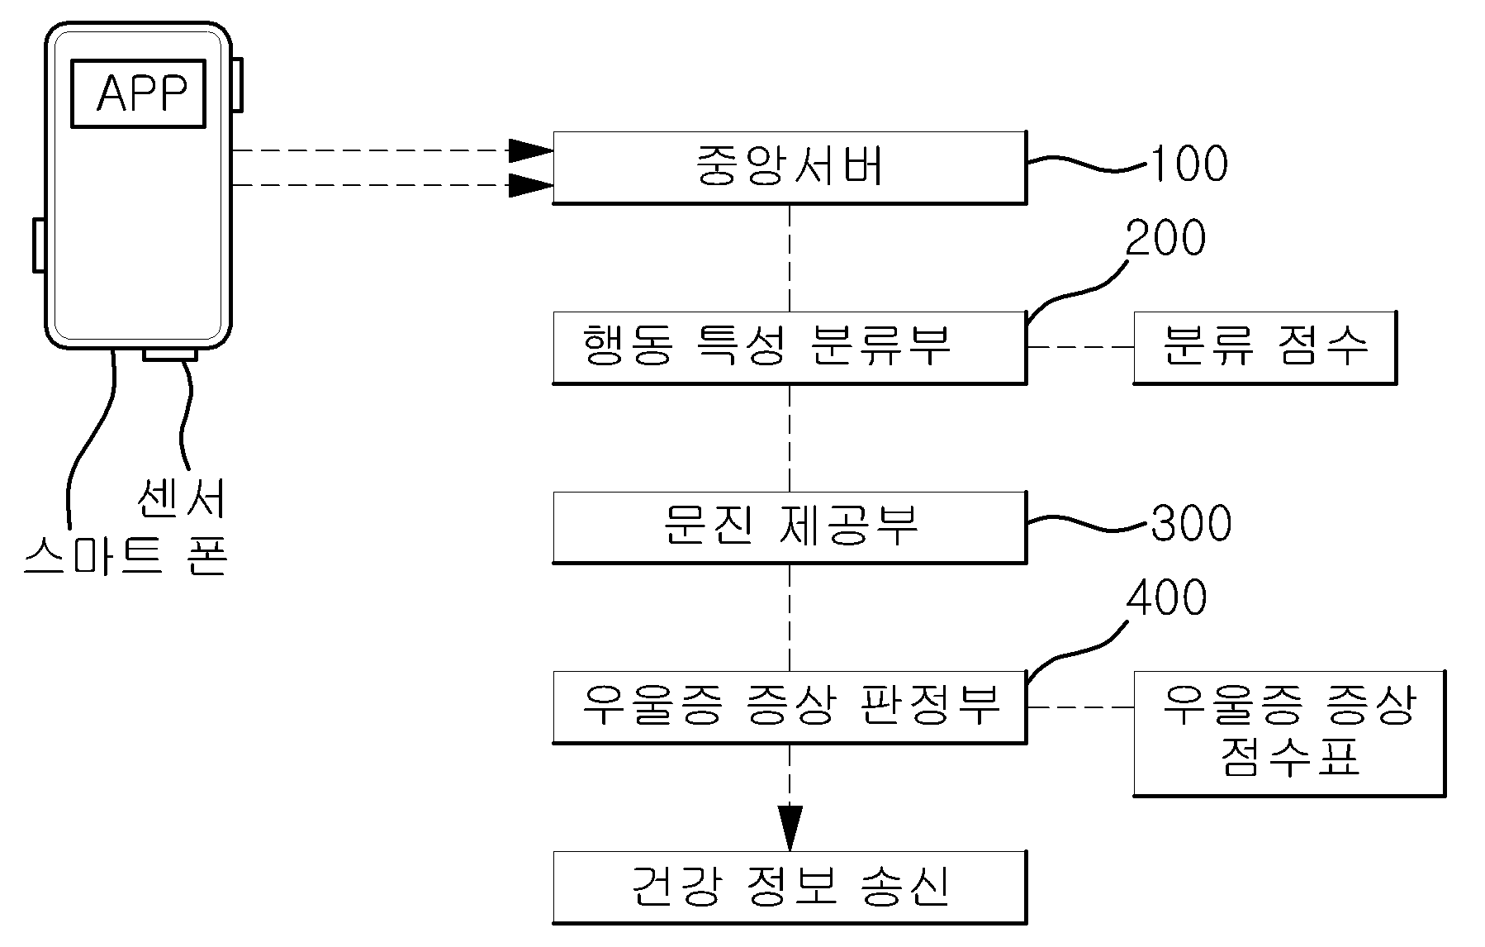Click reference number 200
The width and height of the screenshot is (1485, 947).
tap(1165, 238)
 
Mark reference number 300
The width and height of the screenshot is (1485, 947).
tap(1191, 523)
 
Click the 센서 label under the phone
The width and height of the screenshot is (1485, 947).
tap(181, 497)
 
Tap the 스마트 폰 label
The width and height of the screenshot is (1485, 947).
tap(126, 554)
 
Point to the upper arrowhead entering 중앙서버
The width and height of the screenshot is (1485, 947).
tap(530, 150)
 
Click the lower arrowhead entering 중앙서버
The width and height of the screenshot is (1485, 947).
tap(530, 185)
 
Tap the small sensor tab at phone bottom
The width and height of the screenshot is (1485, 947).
tap(170, 355)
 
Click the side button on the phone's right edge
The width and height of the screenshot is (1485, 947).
tap(236, 84)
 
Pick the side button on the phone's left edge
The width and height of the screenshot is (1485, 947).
tap(39, 245)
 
